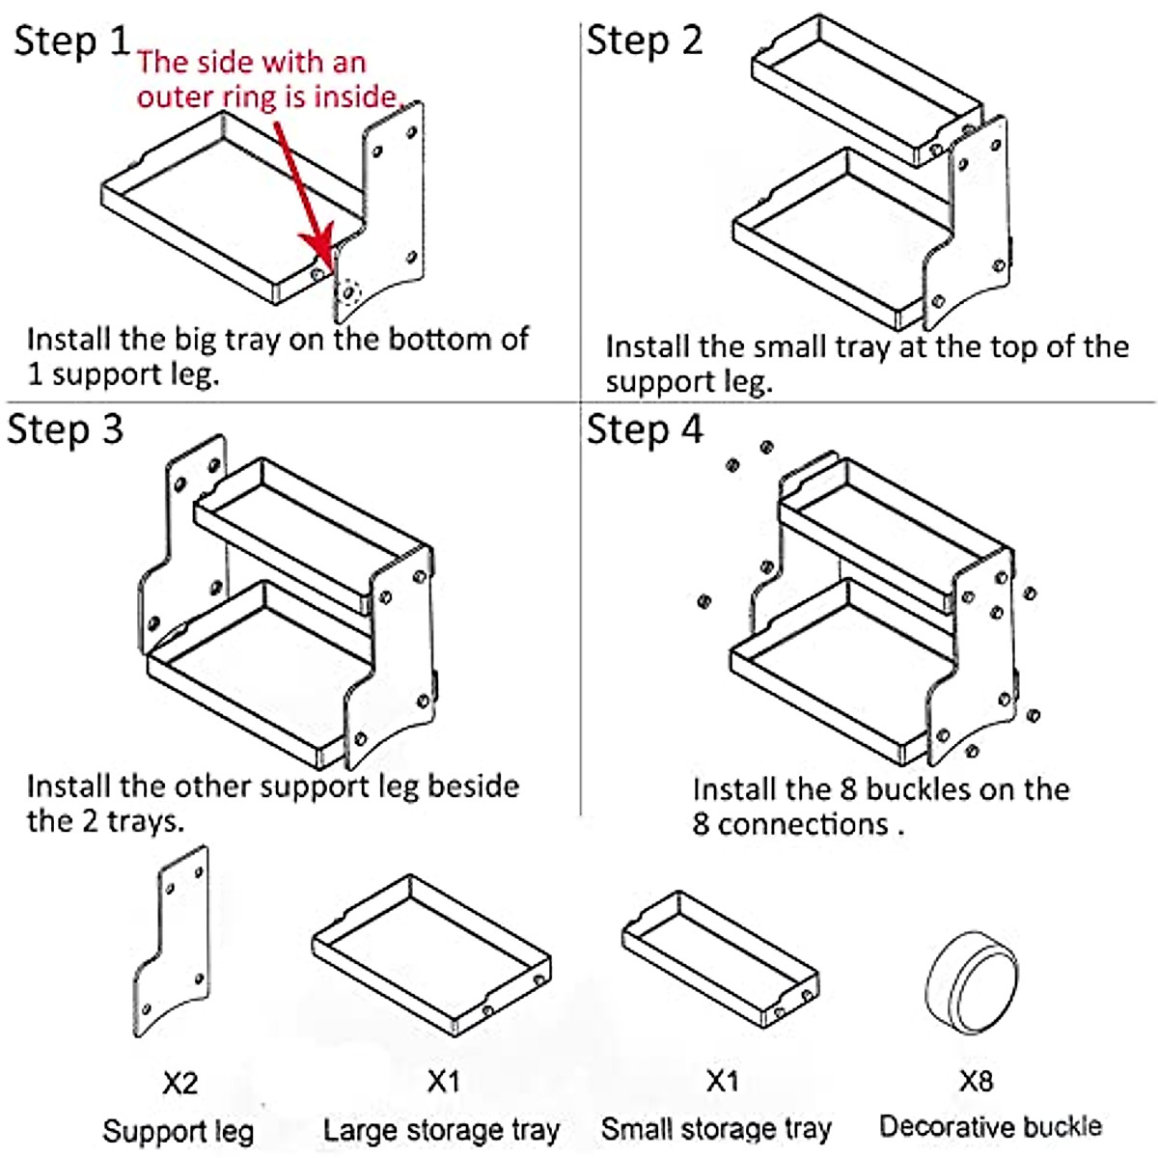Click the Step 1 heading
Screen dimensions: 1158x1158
71,41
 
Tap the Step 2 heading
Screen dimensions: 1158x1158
645,41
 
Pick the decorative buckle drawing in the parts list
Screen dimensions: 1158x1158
972,982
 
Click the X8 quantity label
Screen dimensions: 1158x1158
976,1081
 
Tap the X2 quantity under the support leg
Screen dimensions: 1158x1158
180,1083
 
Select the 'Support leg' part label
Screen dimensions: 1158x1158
179,1131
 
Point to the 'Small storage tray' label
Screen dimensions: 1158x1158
716,1128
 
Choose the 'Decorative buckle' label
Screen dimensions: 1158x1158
990,1126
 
